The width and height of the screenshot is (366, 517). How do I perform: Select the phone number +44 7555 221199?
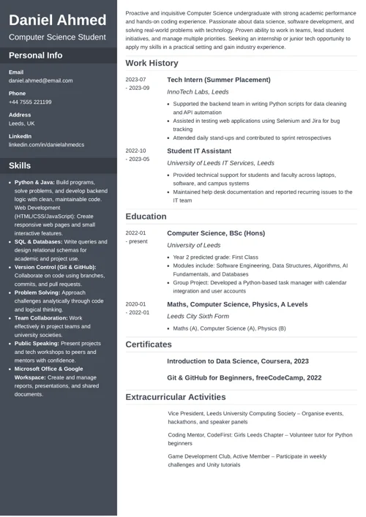(30, 102)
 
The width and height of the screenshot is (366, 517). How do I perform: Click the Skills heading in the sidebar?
(20, 165)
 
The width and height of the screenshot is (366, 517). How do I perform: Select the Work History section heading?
(152, 64)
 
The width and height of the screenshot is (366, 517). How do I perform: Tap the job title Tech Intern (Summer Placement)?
(218, 79)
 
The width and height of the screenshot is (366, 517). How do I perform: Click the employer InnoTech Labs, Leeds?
(198, 92)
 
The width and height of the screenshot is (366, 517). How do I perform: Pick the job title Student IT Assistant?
(200, 151)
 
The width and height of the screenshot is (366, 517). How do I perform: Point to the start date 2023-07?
(135, 79)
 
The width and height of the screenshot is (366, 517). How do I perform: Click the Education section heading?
(146, 216)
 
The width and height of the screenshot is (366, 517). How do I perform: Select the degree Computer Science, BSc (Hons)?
(216, 233)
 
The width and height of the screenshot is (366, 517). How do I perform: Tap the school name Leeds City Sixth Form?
(198, 316)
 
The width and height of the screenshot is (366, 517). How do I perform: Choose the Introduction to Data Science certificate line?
(237, 361)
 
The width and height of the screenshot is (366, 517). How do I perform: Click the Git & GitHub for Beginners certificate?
(244, 377)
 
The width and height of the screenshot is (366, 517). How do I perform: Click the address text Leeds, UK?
(21, 124)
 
